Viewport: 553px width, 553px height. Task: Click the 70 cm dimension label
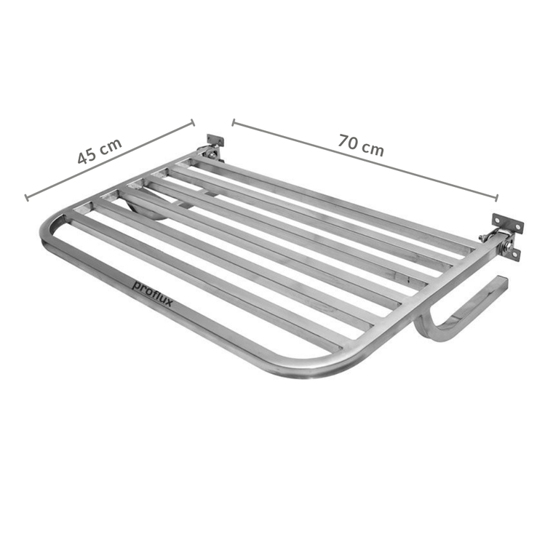(x=360, y=144)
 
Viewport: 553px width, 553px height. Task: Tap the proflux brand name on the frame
(x=152, y=293)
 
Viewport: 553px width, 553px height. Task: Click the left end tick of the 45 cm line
(x=26, y=197)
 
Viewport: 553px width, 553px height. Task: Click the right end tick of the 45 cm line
(x=193, y=122)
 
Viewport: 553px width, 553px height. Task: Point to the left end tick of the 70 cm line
(x=234, y=122)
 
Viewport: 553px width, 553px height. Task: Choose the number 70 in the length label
(x=348, y=140)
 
